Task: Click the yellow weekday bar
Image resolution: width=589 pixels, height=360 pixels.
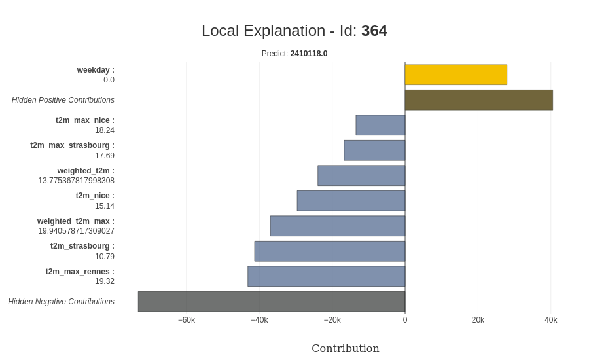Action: [x=455, y=75]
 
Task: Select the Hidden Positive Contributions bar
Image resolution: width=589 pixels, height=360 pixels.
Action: [x=478, y=100]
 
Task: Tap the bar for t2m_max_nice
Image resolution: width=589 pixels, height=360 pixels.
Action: [x=380, y=125]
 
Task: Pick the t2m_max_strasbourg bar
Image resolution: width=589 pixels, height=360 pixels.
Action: [x=374, y=151]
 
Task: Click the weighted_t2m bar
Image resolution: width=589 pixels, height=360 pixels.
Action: [x=361, y=175]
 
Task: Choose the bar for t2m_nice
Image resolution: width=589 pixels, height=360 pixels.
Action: [x=351, y=201]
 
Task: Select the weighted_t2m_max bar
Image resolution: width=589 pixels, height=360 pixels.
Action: [x=338, y=226]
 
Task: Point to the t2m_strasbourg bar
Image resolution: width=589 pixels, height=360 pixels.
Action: [x=330, y=251]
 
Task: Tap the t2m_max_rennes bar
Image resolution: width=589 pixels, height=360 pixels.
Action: [x=327, y=276]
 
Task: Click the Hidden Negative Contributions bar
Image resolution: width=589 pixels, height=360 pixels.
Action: [x=272, y=302]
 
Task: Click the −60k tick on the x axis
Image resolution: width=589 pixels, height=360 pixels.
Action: [x=187, y=320]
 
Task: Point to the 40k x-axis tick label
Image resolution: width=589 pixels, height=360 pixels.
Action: [x=550, y=320]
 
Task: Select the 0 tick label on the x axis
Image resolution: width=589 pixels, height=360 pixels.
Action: [x=405, y=320]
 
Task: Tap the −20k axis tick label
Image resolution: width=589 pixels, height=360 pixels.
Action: [x=332, y=320]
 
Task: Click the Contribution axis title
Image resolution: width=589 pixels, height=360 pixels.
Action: [x=346, y=348]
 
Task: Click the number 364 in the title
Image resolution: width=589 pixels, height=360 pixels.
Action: [x=374, y=31]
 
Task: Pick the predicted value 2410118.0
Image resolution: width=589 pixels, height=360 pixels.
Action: [x=309, y=54]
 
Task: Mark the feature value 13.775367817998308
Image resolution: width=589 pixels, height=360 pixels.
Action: [x=76, y=181]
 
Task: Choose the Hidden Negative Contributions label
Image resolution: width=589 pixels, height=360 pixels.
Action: [x=61, y=302]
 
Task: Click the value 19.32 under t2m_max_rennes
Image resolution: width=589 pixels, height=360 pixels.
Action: [x=104, y=281]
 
